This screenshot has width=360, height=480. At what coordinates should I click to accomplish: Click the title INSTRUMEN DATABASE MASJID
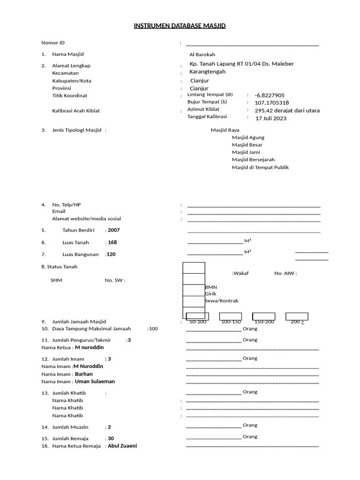180,26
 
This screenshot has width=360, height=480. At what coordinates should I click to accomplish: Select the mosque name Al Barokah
202,55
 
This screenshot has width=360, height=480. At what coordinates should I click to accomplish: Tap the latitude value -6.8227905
270,95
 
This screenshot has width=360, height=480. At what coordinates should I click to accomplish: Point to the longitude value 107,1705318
272,103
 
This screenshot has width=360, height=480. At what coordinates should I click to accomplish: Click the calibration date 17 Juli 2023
271,118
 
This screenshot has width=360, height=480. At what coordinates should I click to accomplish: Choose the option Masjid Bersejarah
253,160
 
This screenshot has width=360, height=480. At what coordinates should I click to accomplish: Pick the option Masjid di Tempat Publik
260,167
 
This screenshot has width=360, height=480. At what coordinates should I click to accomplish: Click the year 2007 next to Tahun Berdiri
114,230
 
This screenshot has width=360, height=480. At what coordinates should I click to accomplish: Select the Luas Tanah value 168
112,242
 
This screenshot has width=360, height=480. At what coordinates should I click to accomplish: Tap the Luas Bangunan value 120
112,255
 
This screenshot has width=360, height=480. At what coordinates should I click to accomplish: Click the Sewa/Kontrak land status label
222,301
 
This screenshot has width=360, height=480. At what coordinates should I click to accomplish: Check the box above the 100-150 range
230,316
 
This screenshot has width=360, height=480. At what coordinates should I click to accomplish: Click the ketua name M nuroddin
89,347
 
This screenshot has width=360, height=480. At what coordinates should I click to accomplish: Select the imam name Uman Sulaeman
95,382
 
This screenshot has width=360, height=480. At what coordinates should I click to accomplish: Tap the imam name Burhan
84,374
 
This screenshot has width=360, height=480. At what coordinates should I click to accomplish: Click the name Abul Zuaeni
122,446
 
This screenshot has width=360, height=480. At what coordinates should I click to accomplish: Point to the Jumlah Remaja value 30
111,438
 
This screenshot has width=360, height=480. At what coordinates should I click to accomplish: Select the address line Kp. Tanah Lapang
241,64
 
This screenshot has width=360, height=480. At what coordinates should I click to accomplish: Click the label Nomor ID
53,43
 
